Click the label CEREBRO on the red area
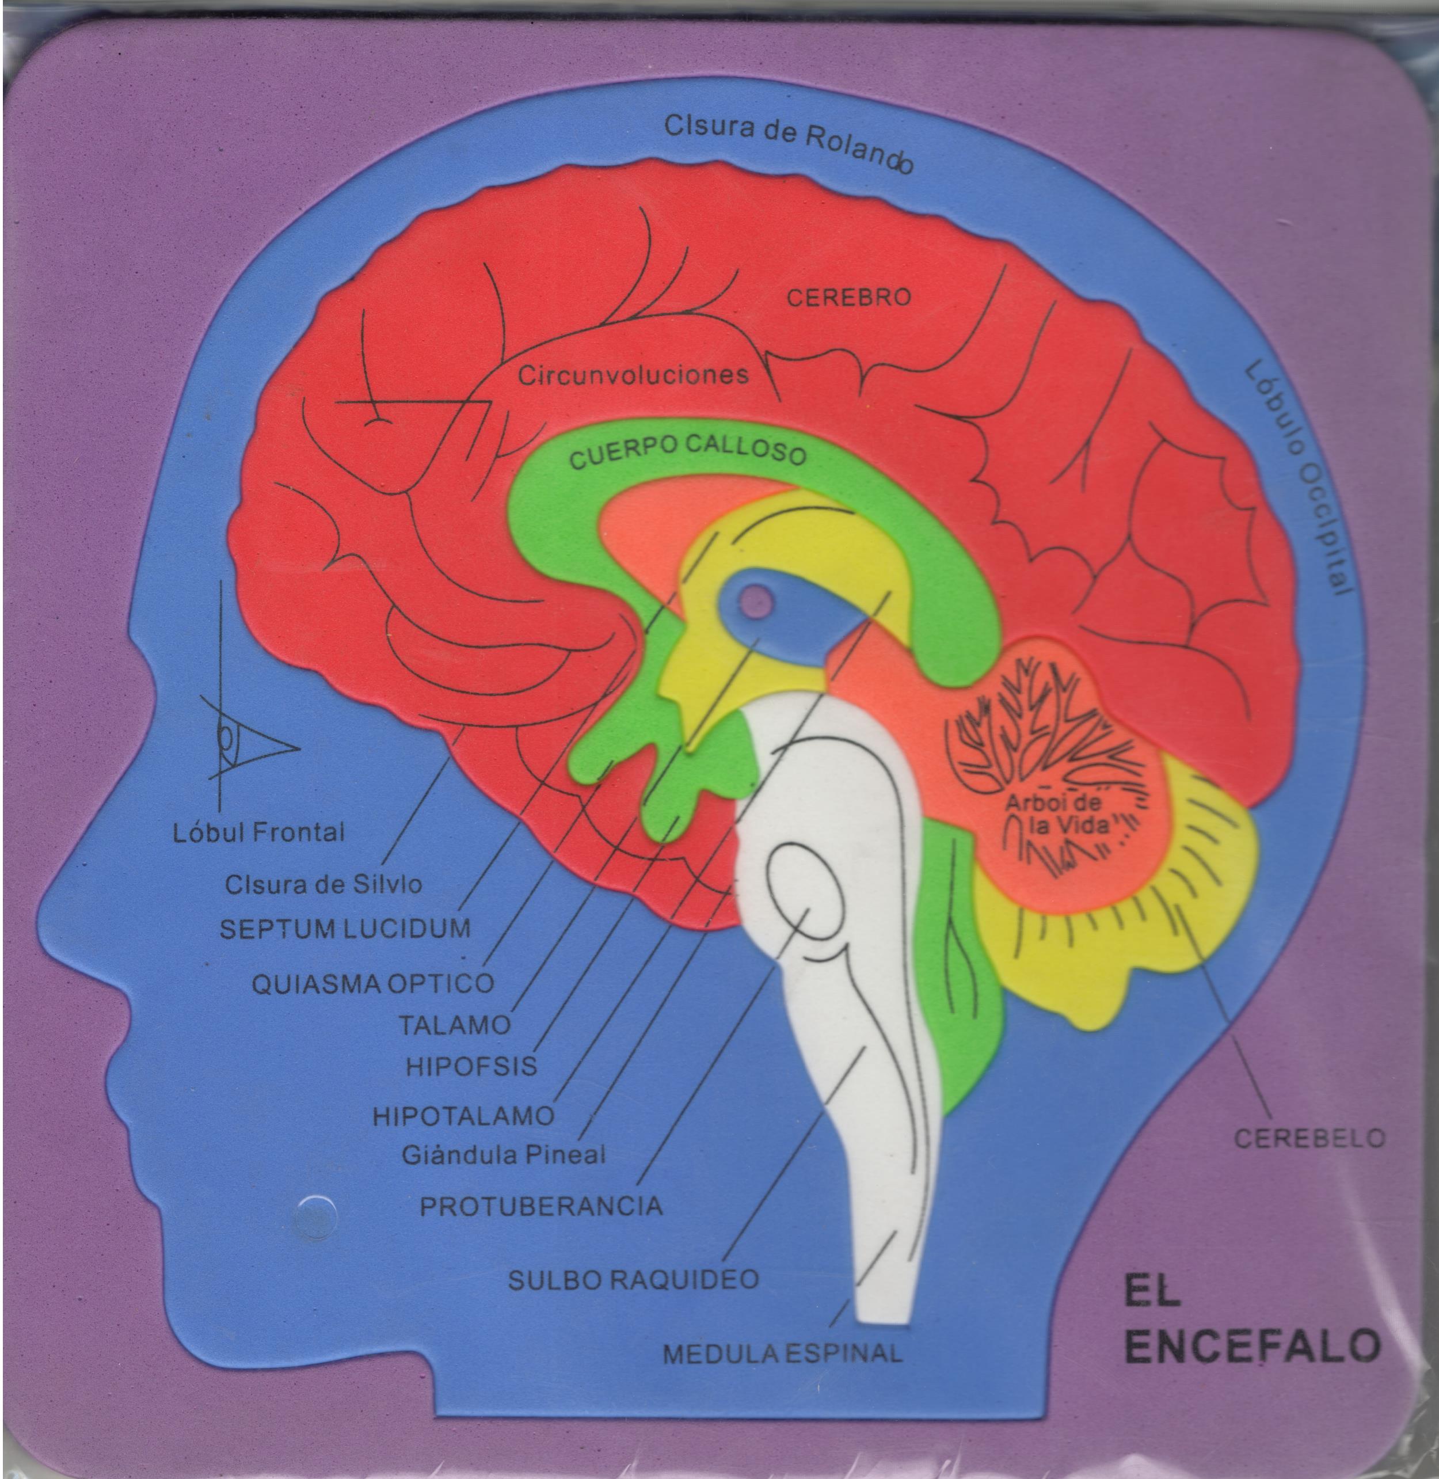(849, 297)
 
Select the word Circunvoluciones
(633, 375)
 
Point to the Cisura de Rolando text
(788, 143)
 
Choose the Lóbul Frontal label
(258, 833)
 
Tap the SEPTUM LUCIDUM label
(345, 929)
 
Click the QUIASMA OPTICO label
(372, 984)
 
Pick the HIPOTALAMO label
(463, 1116)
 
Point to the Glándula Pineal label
(503, 1155)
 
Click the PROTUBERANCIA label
(541, 1206)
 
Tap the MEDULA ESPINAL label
(782, 1353)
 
